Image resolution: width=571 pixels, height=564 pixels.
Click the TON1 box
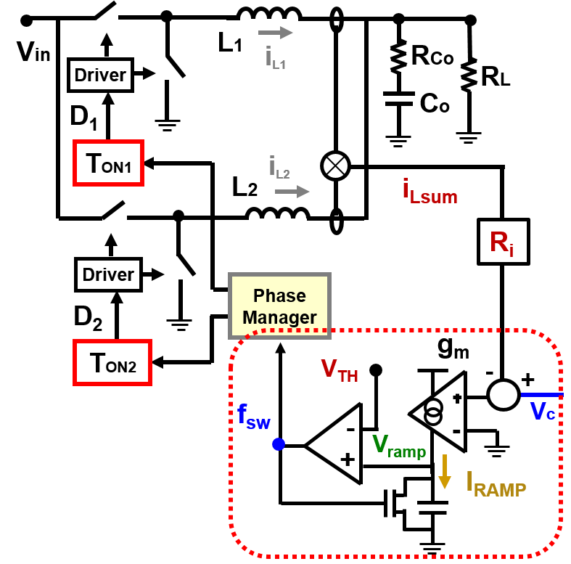109,163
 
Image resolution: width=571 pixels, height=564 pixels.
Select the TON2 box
112,362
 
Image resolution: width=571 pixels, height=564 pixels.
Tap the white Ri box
503,242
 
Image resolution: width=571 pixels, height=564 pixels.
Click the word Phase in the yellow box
279,296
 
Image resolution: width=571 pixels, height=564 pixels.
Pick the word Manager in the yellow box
279,317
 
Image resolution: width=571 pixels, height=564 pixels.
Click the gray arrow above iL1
276,33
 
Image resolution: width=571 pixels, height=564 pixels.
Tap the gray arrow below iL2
292,192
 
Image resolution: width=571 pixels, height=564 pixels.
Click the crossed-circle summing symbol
335,166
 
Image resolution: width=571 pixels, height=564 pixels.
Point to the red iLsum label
430,191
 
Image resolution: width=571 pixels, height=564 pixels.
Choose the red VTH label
340,370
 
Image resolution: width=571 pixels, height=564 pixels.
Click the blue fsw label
253,416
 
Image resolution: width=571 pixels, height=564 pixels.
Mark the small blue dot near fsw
279,444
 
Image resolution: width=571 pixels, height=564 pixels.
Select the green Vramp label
399,445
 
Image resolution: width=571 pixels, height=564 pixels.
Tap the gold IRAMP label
496,483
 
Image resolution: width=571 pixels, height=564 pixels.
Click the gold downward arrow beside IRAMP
445,473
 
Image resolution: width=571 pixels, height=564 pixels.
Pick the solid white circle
503,395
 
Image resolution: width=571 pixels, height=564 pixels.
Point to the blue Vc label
543,412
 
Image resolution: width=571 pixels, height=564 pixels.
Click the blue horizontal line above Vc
541,395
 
